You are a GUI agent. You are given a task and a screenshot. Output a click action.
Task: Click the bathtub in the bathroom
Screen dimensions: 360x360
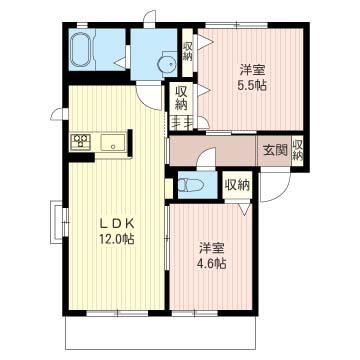(82, 50)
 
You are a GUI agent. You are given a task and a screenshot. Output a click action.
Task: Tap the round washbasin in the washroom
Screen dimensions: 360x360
(167, 62)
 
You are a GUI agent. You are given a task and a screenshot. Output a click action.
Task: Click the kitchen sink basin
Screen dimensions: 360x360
(113, 143)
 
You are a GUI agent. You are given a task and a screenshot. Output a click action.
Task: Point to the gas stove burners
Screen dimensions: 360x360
(80, 140)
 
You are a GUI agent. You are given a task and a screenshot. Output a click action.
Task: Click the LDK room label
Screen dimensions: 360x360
(117, 223)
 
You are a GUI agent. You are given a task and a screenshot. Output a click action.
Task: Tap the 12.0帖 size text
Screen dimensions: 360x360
(116, 238)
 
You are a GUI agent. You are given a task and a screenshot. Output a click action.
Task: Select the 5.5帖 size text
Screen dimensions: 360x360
(252, 86)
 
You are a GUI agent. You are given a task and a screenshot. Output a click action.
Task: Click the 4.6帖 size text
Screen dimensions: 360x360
(212, 264)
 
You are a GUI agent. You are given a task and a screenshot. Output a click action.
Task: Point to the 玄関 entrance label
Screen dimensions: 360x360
(275, 151)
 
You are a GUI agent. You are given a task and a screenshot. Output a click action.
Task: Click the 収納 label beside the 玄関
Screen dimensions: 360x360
(298, 151)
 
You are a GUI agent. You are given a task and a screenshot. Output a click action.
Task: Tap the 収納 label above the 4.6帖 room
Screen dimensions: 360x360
(237, 185)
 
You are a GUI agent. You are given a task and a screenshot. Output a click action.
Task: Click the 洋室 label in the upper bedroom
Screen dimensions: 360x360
(252, 71)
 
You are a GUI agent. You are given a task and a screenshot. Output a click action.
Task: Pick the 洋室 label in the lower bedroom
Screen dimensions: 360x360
(212, 249)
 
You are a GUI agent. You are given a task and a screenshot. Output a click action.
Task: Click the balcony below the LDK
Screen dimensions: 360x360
(160, 332)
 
